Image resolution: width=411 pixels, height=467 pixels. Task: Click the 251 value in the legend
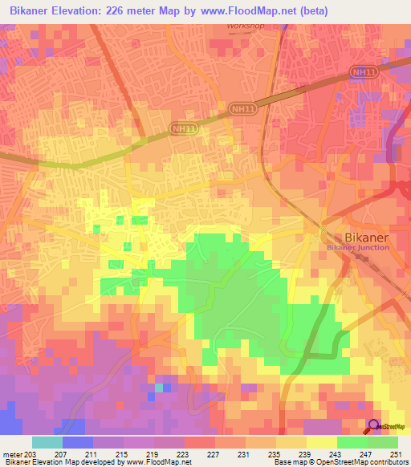click(396, 454)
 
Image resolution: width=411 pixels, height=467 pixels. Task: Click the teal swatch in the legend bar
click(47, 442)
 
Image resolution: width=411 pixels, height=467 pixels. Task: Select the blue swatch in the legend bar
click(78, 442)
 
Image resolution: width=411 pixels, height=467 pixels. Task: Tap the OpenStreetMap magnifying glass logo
click(374, 425)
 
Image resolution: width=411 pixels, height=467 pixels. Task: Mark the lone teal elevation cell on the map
click(159, 388)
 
